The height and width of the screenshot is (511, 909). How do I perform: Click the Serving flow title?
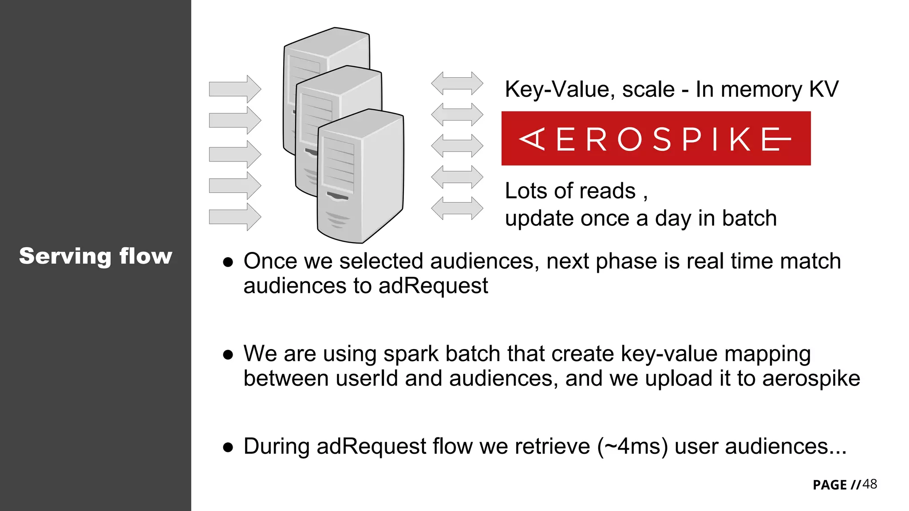point(95,256)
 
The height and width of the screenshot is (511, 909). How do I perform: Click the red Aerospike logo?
point(656,139)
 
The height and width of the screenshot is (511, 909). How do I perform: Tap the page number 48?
point(869,484)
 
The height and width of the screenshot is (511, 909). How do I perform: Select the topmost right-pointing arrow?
point(235,89)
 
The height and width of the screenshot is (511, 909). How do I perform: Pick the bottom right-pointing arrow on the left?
point(235,217)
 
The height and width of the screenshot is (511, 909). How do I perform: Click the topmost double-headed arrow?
point(457,83)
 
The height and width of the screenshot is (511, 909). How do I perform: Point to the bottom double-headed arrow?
point(457,208)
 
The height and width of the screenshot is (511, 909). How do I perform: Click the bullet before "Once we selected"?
point(228,262)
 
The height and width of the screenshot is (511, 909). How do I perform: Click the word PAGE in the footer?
point(830,485)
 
